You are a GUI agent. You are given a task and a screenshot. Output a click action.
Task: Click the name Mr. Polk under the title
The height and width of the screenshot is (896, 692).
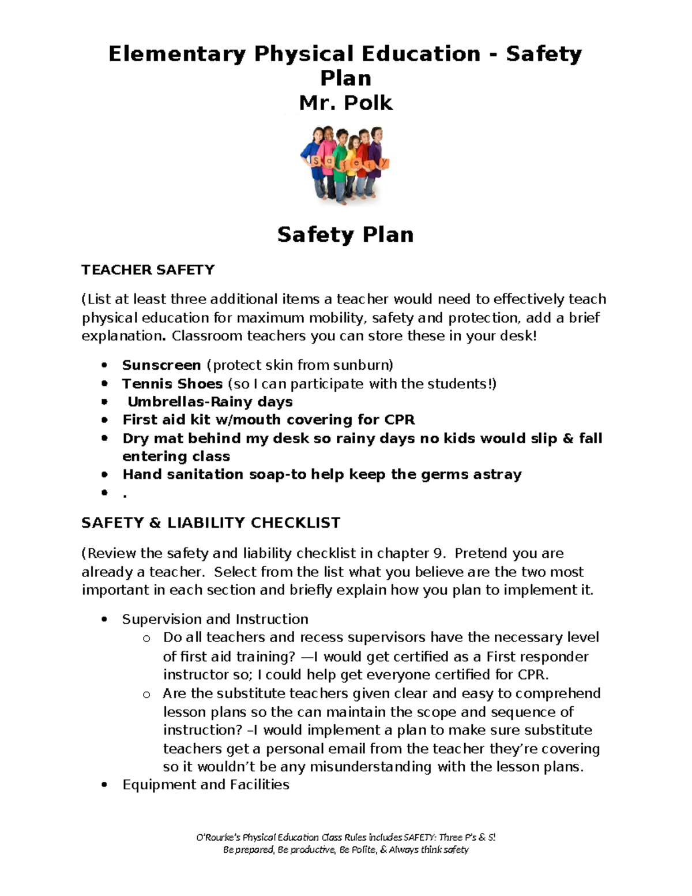(x=345, y=103)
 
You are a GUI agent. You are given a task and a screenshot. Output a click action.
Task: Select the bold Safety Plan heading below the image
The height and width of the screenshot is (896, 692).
(x=345, y=235)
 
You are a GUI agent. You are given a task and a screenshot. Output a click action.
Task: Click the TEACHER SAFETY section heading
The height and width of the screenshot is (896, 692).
(x=148, y=270)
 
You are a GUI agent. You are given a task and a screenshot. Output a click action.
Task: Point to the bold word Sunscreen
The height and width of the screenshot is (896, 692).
(x=161, y=365)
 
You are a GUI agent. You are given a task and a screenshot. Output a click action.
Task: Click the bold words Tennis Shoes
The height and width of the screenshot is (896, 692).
(x=172, y=384)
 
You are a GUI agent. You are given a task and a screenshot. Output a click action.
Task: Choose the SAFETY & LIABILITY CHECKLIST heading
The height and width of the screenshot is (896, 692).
(x=210, y=523)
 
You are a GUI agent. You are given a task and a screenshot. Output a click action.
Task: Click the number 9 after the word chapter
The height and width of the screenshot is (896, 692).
(x=439, y=553)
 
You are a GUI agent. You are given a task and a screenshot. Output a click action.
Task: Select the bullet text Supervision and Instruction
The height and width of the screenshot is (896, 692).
(x=215, y=619)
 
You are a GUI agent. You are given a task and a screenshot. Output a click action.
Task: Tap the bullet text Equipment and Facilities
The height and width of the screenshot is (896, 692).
(x=206, y=785)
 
